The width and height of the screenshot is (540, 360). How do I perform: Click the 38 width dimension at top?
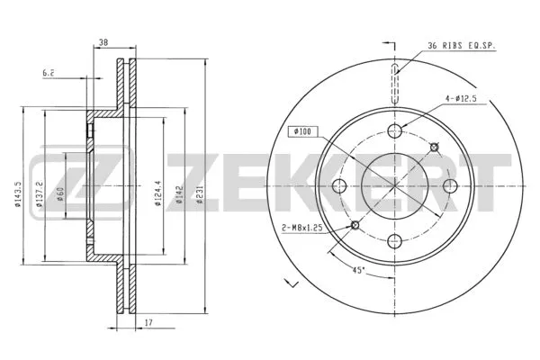pyautogui.click(x=103, y=42)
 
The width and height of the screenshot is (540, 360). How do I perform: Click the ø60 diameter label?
pyautogui.click(x=61, y=192)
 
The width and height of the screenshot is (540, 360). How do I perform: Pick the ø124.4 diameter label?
pyautogui.click(x=157, y=192)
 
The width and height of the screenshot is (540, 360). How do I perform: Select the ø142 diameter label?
pyautogui.click(x=179, y=192)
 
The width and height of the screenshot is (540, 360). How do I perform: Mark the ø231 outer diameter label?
pyautogui.click(x=201, y=192)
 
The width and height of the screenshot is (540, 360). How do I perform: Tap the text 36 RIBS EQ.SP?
pyautogui.click(x=461, y=44)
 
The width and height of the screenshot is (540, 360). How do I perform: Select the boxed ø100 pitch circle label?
pyautogui.click(x=301, y=132)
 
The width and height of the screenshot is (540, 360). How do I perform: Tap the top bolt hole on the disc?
pyautogui.click(x=394, y=131)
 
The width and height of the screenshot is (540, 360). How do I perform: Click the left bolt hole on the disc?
pyautogui.click(x=339, y=186)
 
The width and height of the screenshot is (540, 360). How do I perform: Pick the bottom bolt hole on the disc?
pyautogui.click(x=394, y=241)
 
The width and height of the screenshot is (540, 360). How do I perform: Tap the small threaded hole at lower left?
pyautogui.click(x=355, y=225)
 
